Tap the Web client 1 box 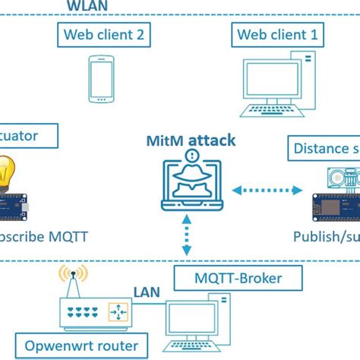click(277, 34)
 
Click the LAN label click(147, 291)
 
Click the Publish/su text click(326, 236)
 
